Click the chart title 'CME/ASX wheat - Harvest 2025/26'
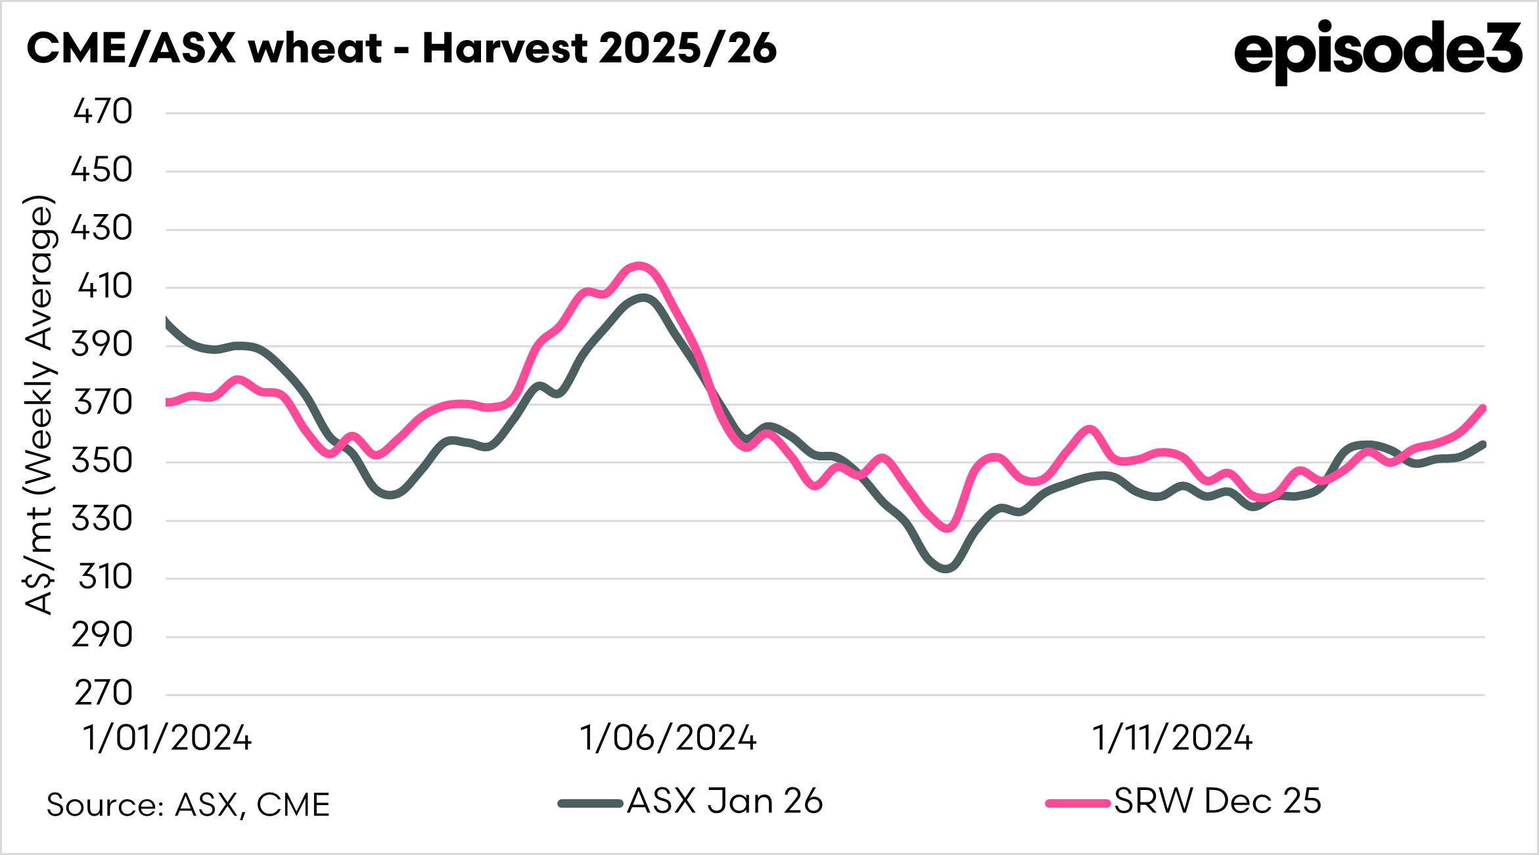[402, 49]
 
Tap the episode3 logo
[1377, 51]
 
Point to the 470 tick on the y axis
[103, 112]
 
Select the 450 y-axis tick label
[102, 170]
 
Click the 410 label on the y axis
[104, 286]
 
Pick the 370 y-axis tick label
[103, 403]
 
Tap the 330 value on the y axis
[102, 519]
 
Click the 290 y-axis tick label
[102, 636]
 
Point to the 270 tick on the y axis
[103, 693]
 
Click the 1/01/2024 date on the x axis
[167, 738]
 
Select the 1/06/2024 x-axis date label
[668, 738]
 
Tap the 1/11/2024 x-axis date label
[1172, 738]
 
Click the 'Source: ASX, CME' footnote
[188, 805]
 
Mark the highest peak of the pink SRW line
[639, 266]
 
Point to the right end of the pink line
[1483, 408]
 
